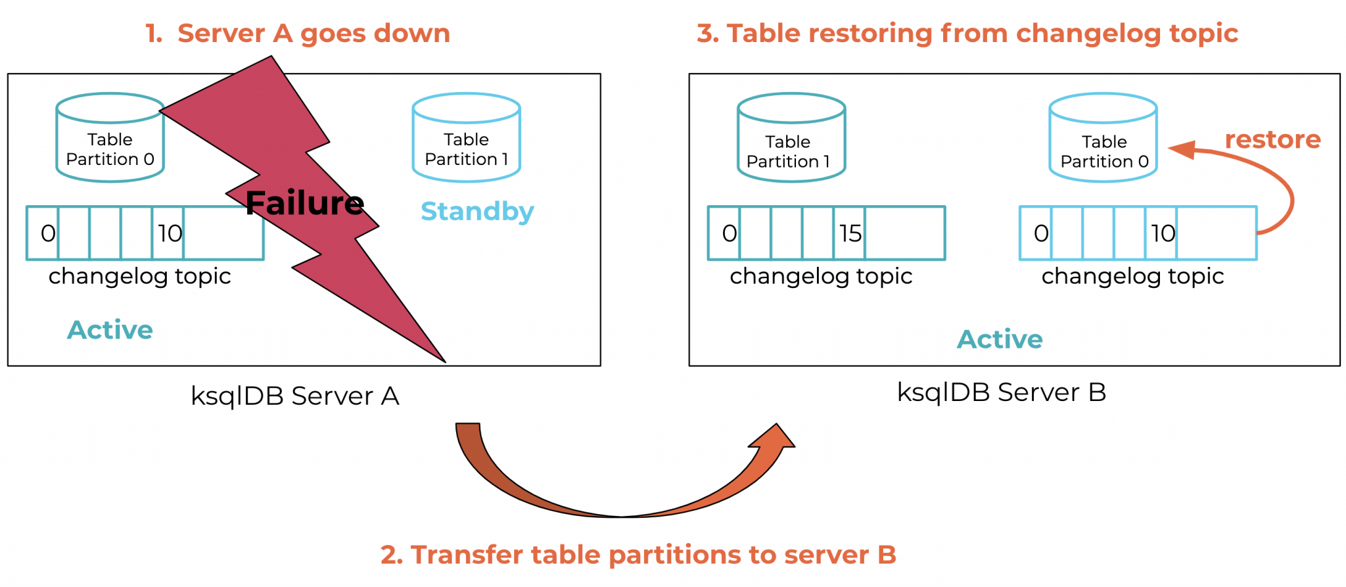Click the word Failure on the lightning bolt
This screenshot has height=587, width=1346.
coord(304,203)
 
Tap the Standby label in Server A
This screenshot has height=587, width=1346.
coord(477,212)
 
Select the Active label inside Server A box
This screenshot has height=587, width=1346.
coord(110,330)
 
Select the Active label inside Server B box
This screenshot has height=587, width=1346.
coord(999,339)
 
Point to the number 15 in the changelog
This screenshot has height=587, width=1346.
coord(850,233)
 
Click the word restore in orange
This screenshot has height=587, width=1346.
coord(1272,139)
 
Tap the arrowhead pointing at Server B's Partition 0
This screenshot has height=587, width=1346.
coord(1182,149)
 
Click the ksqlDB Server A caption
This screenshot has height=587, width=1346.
coord(294,396)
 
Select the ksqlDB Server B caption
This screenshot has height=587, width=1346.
coord(1001,392)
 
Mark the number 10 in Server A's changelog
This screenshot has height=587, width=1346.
coord(169,233)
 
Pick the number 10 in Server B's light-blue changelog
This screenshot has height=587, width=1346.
coord(1162,233)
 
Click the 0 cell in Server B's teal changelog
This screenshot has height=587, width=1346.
coord(728,233)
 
